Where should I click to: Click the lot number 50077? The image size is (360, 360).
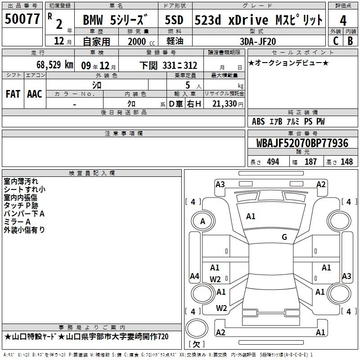(22, 19)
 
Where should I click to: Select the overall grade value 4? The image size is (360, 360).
(343, 21)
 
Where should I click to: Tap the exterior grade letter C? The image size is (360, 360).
(336, 41)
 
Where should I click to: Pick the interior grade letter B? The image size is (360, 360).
(350, 41)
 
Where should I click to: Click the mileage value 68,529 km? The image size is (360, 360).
(55, 65)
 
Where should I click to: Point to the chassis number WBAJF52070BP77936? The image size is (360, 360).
(302, 143)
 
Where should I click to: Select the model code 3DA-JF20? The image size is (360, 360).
(258, 41)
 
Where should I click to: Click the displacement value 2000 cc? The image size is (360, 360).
(141, 41)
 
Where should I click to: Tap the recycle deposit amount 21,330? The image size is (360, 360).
(224, 104)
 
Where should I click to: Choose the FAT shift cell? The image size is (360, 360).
(13, 94)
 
